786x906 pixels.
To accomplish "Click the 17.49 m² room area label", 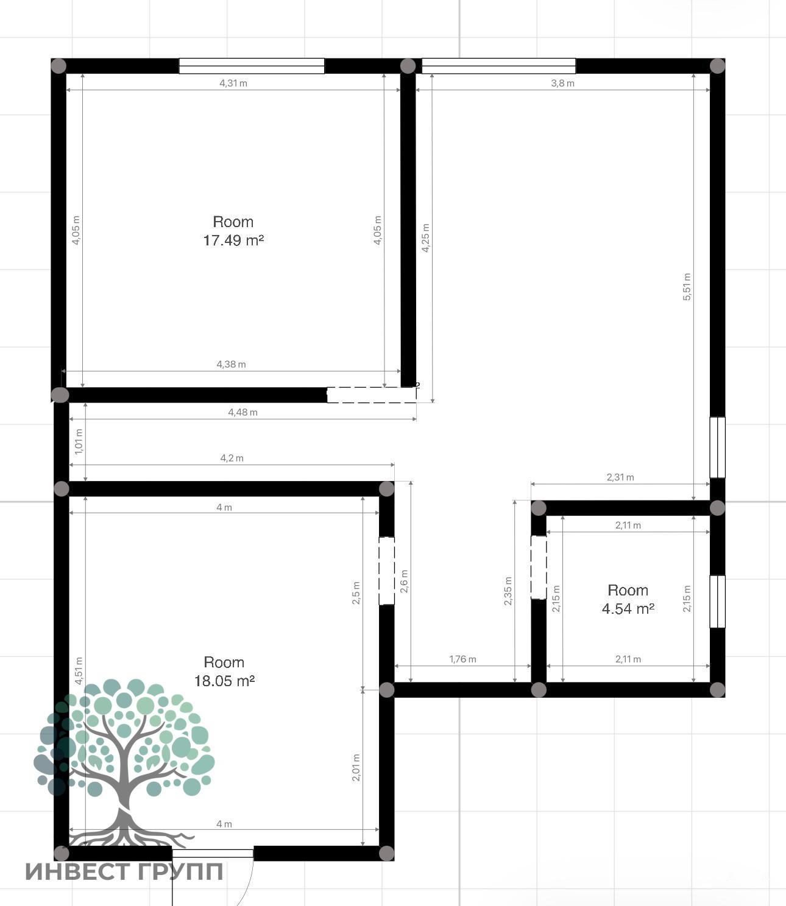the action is (233, 241).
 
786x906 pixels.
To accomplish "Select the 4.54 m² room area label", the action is (628, 609).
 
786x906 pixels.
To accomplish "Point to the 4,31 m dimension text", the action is (233, 83).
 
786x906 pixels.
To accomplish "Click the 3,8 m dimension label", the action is (563, 83).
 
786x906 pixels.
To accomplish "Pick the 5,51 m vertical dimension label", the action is (687, 287).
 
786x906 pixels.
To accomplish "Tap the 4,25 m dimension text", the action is (425, 237).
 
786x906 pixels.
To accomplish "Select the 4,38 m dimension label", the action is (231, 364).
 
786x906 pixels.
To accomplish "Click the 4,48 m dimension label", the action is (243, 412).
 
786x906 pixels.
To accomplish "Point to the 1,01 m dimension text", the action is (79, 441).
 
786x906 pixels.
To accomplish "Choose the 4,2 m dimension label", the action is (232, 458).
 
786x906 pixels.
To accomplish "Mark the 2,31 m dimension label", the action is (620, 477).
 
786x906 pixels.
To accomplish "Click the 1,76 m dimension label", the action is (462, 659).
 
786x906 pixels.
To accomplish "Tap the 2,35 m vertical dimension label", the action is (508, 591).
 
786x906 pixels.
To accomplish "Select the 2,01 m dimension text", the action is (356, 768).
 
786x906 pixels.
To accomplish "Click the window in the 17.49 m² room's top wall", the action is (251, 66).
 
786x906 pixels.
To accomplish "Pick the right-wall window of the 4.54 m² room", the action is (718, 602).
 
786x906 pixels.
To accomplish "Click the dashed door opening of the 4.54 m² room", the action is (539, 567).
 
